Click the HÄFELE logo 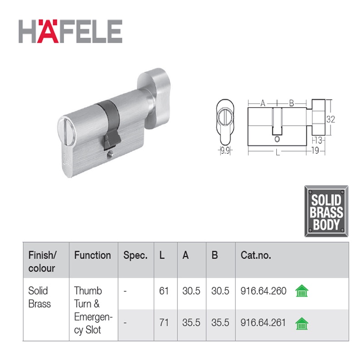(70, 31)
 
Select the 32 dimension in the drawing (332, 120)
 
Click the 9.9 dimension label (225, 151)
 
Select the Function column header (93, 255)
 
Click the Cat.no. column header (256, 255)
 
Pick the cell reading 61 (164, 291)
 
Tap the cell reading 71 (164, 323)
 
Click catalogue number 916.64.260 (263, 291)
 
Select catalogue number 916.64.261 (263, 323)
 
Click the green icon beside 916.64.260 (302, 291)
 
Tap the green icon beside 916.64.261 (302, 323)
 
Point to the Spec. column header (135, 255)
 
